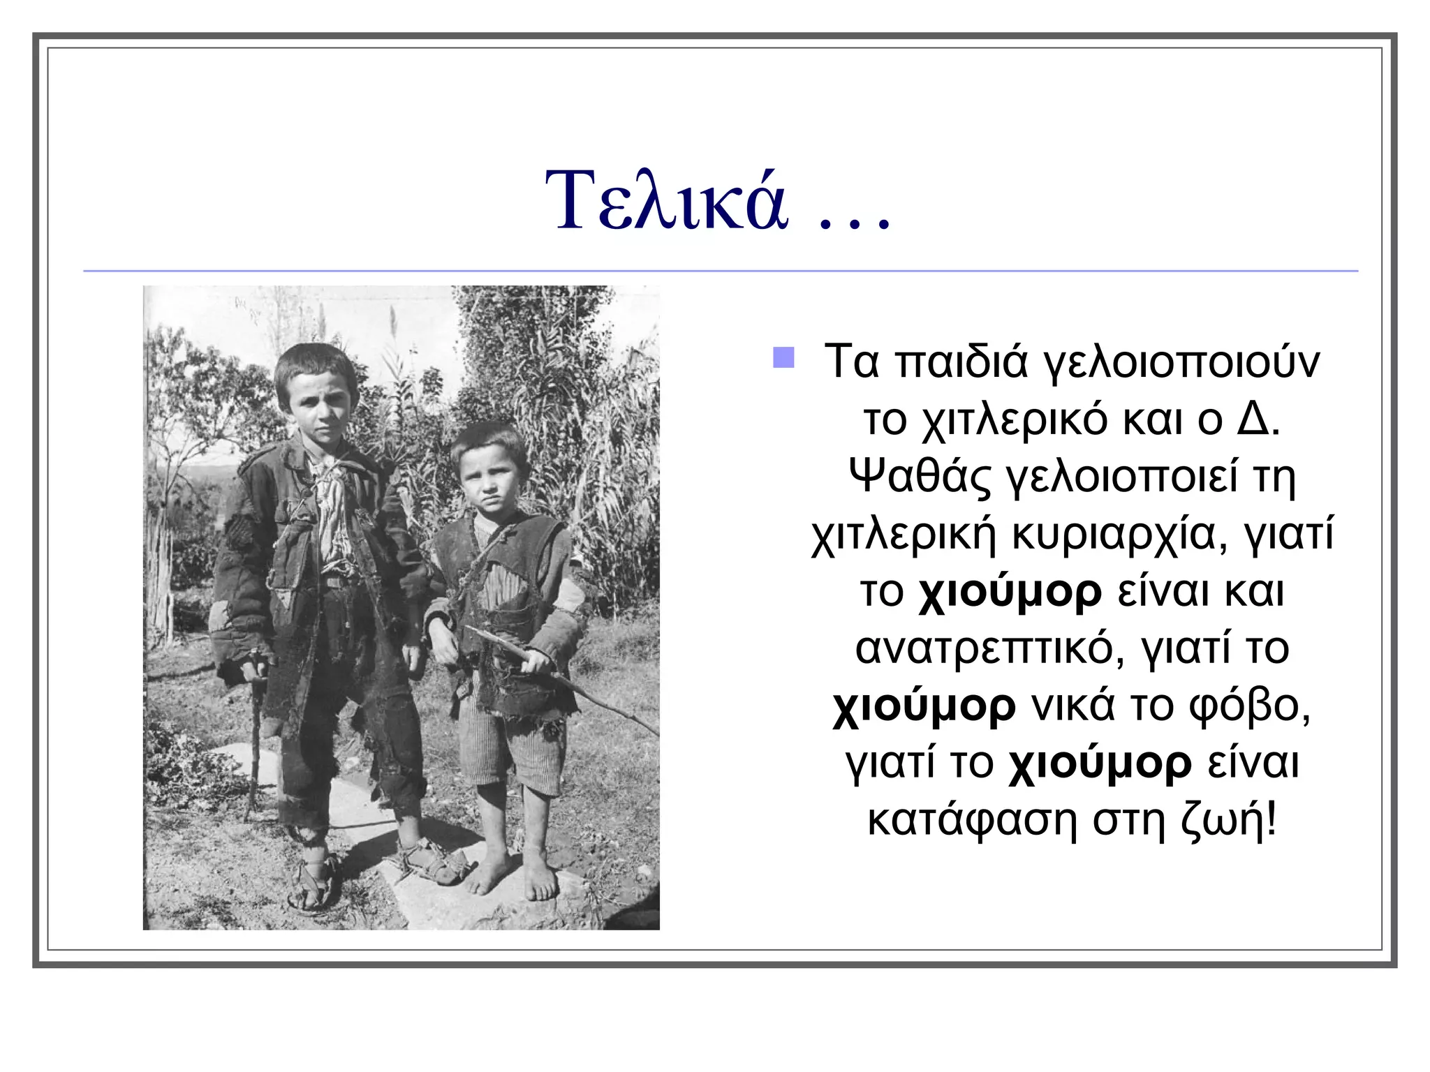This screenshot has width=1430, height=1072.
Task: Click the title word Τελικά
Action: [667, 201]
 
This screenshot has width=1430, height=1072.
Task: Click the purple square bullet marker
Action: [783, 357]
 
